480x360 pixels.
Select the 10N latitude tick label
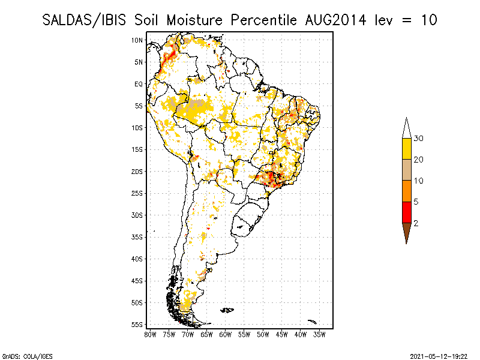click(137, 40)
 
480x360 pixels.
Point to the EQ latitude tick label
click(139, 84)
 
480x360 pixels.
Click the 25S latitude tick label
click(137, 193)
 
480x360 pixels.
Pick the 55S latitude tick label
click(137, 325)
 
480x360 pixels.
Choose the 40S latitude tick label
click(137, 259)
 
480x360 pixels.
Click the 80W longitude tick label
click(151, 334)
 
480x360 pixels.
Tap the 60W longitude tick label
click(226, 334)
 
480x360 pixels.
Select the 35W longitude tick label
click(320, 334)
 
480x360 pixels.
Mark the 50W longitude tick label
click(263, 334)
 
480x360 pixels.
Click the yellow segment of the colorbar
click(406, 149)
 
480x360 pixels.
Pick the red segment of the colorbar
click(406, 212)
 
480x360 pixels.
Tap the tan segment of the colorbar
click(406, 170)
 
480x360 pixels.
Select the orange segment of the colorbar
click(406, 191)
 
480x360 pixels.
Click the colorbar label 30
click(419, 139)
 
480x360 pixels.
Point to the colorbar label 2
click(416, 223)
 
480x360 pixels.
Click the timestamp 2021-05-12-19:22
click(439, 356)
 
